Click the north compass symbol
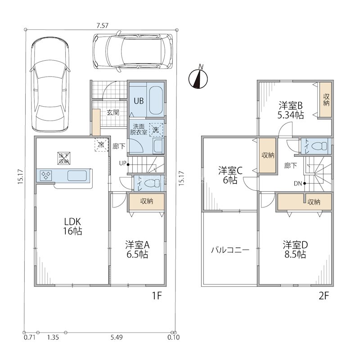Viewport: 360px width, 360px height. pyautogui.click(x=198, y=78)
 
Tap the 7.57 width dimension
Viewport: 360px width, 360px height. pyautogui.click(x=103, y=26)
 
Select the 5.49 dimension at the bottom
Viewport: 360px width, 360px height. pyautogui.click(x=117, y=337)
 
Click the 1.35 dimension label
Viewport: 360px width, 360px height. pyautogui.click(x=53, y=337)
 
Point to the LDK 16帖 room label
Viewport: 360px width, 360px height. pyautogui.click(x=72, y=226)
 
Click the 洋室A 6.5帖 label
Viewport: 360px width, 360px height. pyautogui.click(x=137, y=250)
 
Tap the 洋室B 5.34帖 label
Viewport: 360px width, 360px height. pyautogui.click(x=291, y=110)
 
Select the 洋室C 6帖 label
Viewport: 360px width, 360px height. pyautogui.click(x=230, y=175)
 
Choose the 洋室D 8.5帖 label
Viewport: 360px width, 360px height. pyautogui.click(x=295, y=250)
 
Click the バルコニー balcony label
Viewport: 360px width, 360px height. pyautogui.click(x=230, y=250)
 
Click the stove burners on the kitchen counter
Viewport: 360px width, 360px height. pyautogui.click(x=46, y=175)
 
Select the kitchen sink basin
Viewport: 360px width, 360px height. pyautogui.click(x=77, y=175)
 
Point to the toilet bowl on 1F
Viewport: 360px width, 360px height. pyautogui.click(x=153, y=183)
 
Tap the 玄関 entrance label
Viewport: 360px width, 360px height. pyautogui.click(x=113, y=112)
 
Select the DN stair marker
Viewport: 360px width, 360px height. pyautogui.click(x=300, y=184)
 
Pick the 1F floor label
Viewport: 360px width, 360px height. pyautogui.click(x=157, y=296)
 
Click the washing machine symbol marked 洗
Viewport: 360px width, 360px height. pyautogui.click(x=156, y=130)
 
